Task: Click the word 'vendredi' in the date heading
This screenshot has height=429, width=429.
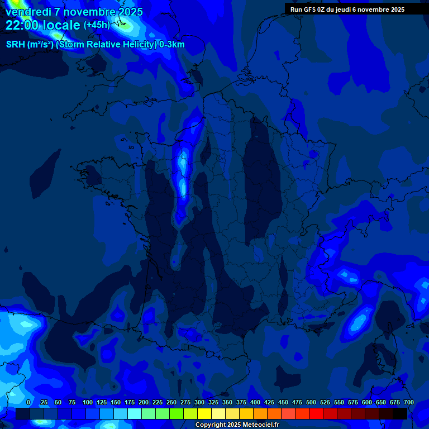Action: (28, 12)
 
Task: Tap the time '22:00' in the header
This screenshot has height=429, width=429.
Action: (22, 25)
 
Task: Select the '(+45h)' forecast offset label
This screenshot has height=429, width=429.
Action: (97, 25)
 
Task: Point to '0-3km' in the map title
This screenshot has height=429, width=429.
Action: (171, 45)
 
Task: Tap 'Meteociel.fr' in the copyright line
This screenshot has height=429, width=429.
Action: (260, 425)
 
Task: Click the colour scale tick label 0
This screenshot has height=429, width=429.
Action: (28, 402)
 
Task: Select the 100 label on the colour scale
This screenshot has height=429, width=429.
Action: (87, 402)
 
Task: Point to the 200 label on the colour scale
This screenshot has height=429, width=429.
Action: (144, 402)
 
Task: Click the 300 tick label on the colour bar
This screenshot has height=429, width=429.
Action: (199, 402)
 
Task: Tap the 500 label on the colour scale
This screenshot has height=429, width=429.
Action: (311, 402)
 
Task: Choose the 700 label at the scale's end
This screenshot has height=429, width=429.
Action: (408, 402)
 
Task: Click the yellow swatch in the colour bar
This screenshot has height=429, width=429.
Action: (204, 413)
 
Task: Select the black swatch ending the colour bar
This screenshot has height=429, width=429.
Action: (400, 413)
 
